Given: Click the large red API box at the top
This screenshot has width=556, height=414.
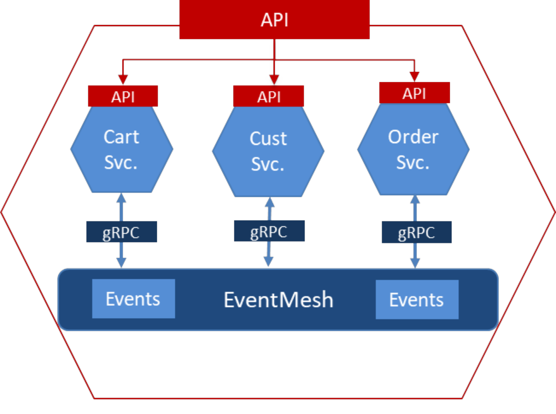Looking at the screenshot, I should (x=274, y=20).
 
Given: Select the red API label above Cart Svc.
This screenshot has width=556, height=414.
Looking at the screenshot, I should (x=123, y=96).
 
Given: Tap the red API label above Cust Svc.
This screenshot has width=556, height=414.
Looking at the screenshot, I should (x=269, y=96).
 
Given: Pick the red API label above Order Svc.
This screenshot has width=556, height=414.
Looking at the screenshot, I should (x=414, y=93).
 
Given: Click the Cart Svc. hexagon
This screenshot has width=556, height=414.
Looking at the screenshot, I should (x=122, y=150).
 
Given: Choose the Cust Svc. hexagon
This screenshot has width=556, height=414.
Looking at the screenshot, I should (x=268, y=151).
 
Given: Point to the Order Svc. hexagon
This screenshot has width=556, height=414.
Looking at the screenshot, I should (x=413, y=150).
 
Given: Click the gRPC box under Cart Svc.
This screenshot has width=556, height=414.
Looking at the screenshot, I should (x=121, y=232).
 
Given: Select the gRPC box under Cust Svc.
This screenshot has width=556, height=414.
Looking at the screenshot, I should (x=269, y=231).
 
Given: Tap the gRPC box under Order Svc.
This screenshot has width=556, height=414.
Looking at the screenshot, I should (x=417, y=233).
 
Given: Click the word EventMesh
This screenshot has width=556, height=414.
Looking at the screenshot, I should (x=278, y=300).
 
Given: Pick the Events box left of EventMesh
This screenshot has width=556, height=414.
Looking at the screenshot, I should (x=133, y=299).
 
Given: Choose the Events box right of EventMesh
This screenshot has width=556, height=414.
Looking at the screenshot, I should (x=417, y=300).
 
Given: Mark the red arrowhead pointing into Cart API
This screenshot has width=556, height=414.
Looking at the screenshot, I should (x=123, y=79).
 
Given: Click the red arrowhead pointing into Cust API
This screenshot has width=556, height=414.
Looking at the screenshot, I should (x=274, y=80).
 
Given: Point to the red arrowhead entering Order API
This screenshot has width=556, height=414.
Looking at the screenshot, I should (x=415, y=77).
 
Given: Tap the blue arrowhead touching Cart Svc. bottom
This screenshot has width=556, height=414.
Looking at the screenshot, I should (x=121, y=198).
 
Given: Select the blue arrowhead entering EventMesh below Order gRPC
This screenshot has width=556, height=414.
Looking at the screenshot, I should (x=415, y=263).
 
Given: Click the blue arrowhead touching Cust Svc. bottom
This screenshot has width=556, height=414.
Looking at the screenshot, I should (x=270, y=202).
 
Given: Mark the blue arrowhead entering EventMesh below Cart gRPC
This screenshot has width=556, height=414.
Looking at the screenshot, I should (x=121, y=262).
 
